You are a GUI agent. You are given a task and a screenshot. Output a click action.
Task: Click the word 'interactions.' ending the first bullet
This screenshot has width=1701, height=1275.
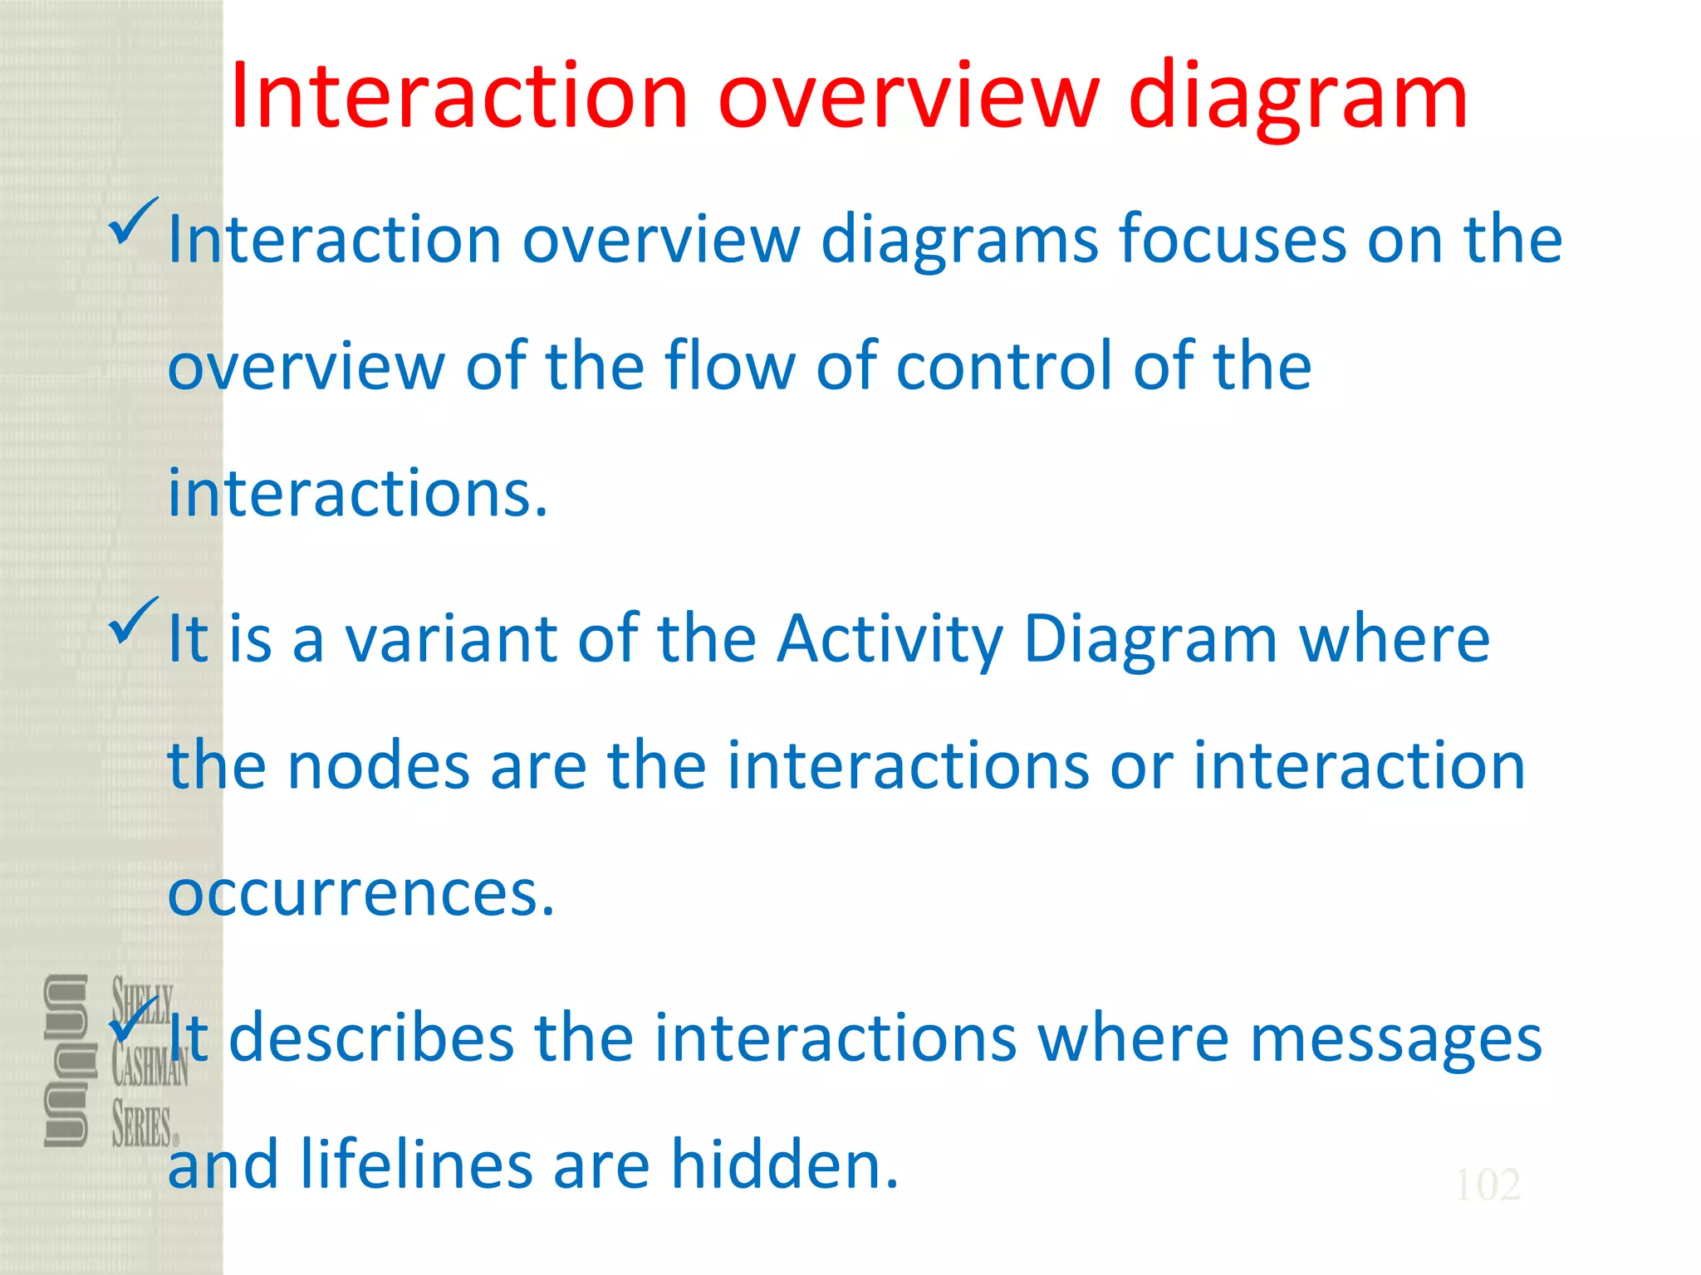[x=358, y=493]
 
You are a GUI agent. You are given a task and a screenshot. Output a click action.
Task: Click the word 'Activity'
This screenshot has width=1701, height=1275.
[x=890, y=641]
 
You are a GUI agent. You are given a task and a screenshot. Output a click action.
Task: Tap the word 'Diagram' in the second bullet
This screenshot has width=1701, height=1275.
[x=1150, y=641]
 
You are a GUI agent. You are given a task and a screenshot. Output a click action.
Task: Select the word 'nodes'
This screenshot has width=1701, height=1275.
[x=379, y=765]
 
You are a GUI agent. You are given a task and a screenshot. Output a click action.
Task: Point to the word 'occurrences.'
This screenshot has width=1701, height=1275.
[x=360, y=894]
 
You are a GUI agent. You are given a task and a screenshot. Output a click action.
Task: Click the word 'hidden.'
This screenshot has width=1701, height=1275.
[x=784, y=1165]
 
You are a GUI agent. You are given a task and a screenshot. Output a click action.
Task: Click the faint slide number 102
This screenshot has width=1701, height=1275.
[x=1488, y=1185]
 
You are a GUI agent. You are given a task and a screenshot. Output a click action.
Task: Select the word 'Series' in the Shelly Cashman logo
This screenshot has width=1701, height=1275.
[x=141, y=1126]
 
